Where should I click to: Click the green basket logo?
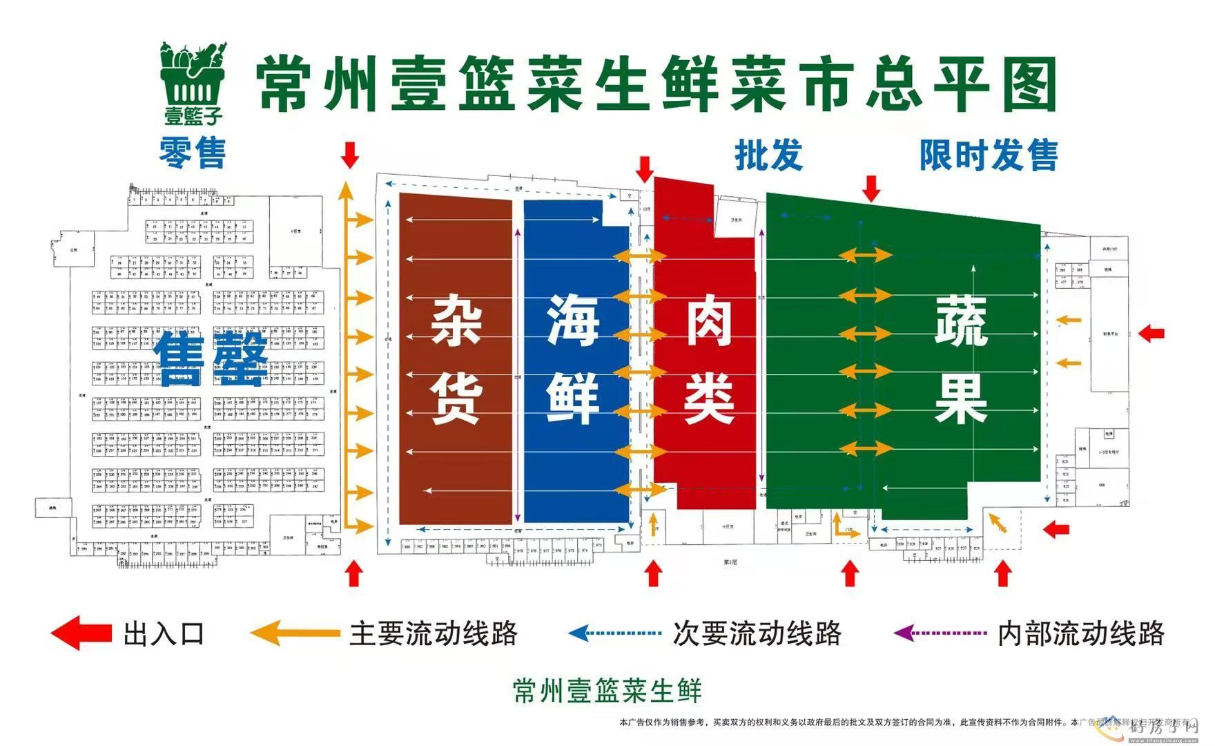point(193,82)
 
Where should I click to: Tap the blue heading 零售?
point(193,153)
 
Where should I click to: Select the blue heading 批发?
point(768,154)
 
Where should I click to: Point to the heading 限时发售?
point(988,155)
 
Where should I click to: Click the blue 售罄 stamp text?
point(211,359)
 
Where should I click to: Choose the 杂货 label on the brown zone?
point(456,359)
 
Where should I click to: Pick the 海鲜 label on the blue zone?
point(572,359)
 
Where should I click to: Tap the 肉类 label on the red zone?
point(708,359)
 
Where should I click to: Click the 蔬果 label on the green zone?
point(960,359)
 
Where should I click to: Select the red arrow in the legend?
point(81,633)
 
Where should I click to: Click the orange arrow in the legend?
point(295,633)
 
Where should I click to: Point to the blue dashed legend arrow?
point(614,633)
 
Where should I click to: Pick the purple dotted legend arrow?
point(940,633)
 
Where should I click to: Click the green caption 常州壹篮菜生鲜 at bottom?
point(607,690)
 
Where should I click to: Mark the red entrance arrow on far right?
point(1151,334)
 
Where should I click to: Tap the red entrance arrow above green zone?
point(871,188)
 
